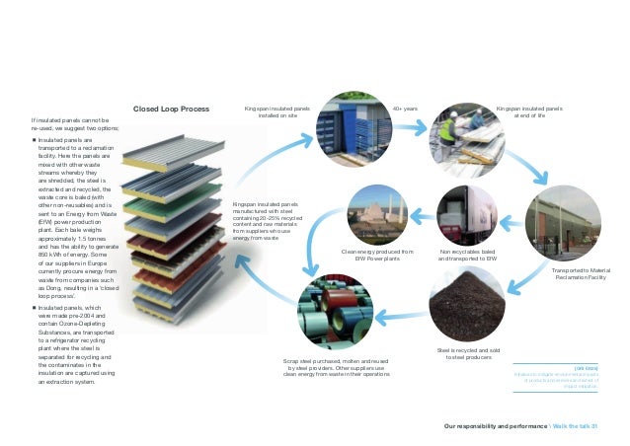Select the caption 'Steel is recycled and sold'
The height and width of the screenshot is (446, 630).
(x=462, y=352)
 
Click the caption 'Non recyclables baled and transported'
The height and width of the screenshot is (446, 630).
(x=464, y=258)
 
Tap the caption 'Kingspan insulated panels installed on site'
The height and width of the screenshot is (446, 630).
(x=272, y=111)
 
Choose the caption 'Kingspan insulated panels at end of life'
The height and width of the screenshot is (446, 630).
(x=528, y=111)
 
